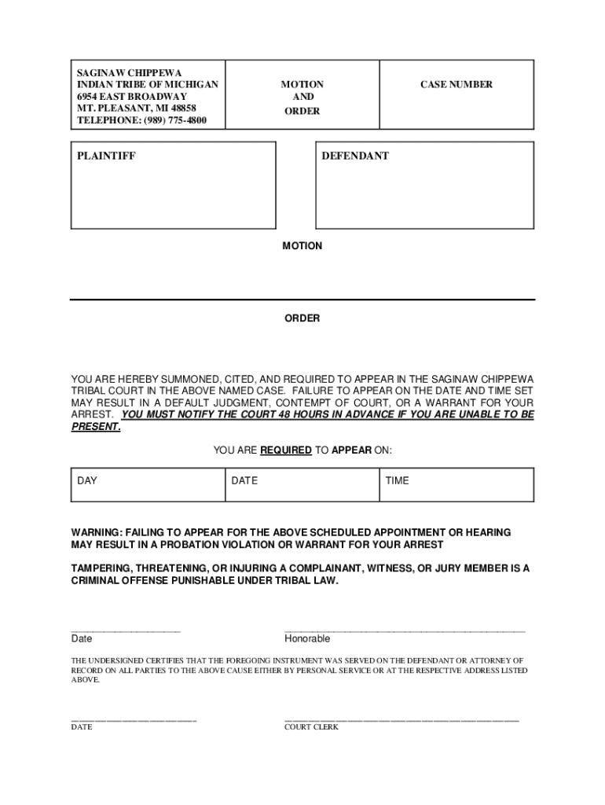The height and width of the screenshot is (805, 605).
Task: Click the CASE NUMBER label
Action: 456,84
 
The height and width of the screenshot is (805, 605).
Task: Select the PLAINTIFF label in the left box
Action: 106,156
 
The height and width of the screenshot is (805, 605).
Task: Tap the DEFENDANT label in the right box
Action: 354,156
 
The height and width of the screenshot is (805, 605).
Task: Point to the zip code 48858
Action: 179,108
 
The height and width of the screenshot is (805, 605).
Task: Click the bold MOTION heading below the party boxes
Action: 302,246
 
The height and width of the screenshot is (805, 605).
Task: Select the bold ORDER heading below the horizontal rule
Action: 302,318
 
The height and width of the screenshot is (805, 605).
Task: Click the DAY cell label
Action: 87,480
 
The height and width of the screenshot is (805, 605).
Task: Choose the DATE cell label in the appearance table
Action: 244,480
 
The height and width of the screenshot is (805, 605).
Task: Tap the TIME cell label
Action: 397,480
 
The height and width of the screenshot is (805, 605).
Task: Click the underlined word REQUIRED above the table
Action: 286,450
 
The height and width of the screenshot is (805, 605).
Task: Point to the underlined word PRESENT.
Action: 95,427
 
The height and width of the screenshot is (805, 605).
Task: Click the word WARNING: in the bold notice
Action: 100,532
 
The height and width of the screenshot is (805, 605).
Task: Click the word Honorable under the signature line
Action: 307,639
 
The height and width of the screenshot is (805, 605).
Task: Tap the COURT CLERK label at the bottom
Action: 311,727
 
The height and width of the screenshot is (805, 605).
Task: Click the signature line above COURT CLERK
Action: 401,720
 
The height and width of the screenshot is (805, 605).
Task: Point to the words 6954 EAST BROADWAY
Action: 132,96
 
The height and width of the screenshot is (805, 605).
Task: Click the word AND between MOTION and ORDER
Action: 302,97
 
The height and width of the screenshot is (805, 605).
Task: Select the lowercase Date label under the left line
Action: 82,639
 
